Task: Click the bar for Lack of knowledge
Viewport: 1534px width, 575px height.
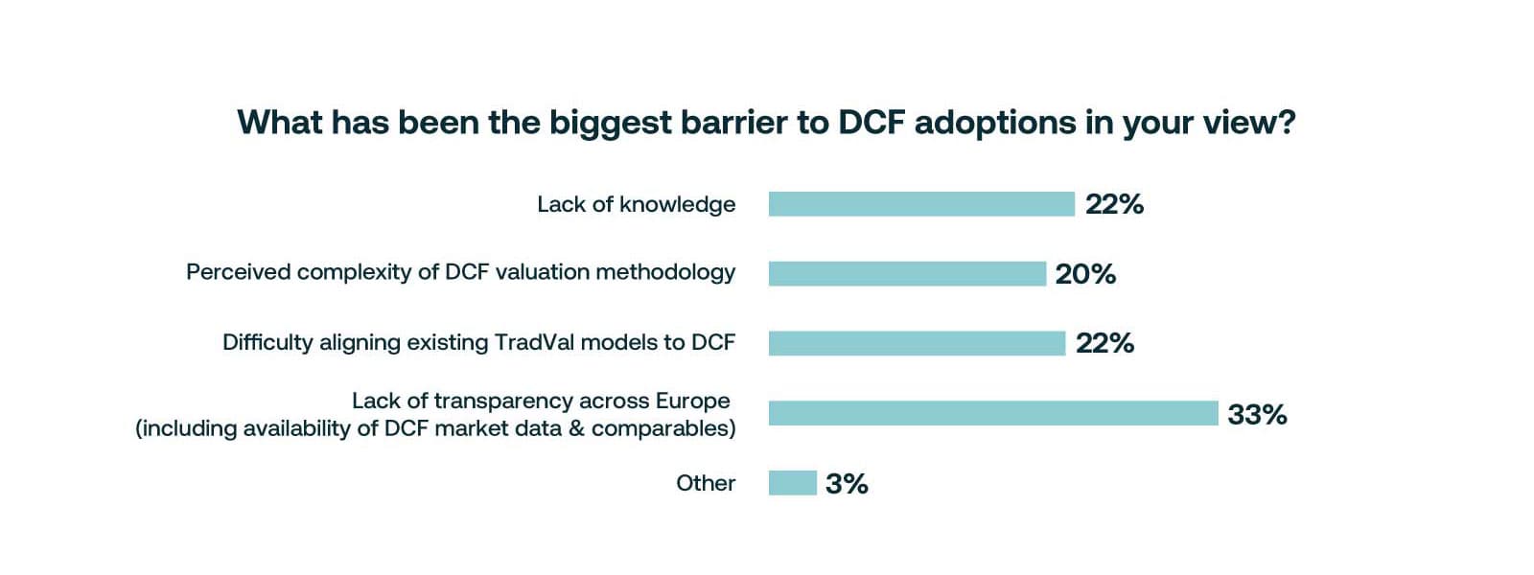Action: [920, 204]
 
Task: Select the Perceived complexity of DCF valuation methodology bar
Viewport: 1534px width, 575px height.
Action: [906, 273]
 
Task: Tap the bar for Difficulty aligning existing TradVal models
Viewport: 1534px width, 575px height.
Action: [916, 343]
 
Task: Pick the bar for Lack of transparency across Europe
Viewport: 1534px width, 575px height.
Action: [992, 413]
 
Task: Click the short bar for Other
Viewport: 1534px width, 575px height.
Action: [792, 483]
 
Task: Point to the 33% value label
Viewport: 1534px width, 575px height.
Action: [1257, 414]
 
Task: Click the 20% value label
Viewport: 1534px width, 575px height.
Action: [1085, 274]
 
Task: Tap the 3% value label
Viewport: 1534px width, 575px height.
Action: [847, 484]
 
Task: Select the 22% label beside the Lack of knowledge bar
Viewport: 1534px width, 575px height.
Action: [1114, 204]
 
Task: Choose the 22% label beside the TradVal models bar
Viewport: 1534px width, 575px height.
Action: [1104, 343]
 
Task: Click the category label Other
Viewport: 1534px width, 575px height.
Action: [706, 483]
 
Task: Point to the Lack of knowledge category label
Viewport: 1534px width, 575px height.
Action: [636, 204]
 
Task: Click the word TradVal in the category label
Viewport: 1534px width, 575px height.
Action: [534, 342]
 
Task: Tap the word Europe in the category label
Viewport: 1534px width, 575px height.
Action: [693, 401]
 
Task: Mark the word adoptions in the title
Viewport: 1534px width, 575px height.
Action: [995, 123]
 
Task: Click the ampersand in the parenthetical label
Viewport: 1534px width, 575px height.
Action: [576, 428]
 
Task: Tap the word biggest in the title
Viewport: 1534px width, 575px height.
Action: [610, 123]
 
